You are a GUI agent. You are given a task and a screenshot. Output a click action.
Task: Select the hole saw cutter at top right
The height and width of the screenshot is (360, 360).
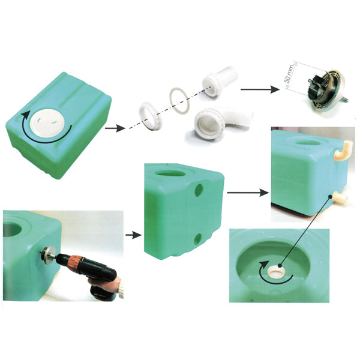pos(327,90)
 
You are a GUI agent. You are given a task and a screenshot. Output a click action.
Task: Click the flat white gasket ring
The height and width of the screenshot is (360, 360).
pos(180,100)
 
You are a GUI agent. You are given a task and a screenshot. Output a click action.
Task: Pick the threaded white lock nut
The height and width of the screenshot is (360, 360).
pos(151,115)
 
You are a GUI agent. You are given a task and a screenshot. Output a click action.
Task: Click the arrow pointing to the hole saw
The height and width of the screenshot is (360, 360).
pos(260,89)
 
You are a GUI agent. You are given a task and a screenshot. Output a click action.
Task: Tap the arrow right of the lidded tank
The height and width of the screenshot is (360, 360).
pos(115,128)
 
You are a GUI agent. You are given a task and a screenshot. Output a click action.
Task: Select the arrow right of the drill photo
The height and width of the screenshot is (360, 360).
pos(133,235)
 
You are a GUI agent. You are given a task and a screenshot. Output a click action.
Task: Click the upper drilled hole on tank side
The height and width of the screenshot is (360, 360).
pos(199,190)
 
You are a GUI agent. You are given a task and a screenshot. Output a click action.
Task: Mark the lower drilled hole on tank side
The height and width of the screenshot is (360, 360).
pos(197,239)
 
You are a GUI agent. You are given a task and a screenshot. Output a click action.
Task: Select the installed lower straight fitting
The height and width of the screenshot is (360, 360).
pos(340,197)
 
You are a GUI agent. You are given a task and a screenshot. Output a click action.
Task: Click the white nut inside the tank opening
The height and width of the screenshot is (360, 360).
pos(277,271)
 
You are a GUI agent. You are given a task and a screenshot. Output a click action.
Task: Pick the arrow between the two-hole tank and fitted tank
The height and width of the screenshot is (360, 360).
pos(248,193)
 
